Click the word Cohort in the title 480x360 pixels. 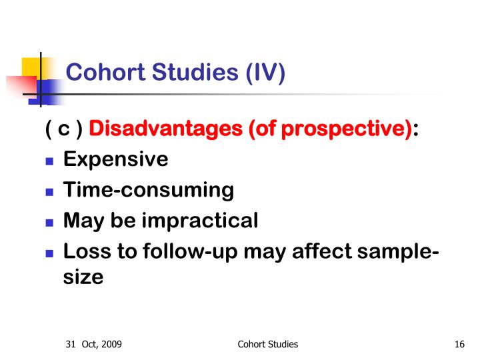105,72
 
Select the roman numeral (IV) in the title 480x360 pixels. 265,73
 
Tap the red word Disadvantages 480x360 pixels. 165,128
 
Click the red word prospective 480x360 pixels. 346,129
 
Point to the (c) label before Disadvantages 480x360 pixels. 64,129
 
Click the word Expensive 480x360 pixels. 116,159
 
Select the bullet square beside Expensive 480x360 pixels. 49,161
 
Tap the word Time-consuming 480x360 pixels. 149,190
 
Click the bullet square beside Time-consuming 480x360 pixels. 49,192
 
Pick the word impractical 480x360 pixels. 200,221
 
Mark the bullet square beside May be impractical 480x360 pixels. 49,223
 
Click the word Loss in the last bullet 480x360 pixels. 87,251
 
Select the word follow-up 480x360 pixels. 190,251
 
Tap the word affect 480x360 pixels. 322,251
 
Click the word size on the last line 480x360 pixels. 83,277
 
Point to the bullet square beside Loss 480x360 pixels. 49,253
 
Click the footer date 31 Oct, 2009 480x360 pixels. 94,344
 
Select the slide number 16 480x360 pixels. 459,344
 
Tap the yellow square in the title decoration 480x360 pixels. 31,67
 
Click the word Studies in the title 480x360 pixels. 195,72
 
